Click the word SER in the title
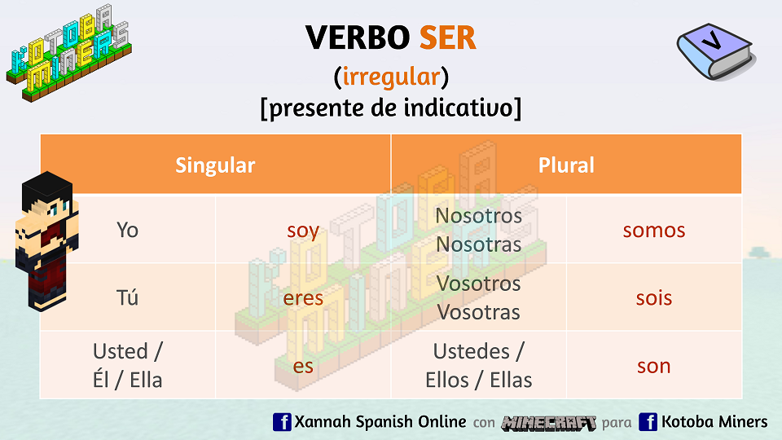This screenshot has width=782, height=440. click(447, 38)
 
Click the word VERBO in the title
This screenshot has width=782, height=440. click(358, 38)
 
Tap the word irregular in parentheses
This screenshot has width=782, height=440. click(391, 77)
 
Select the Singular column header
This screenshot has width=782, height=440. click(215, 165)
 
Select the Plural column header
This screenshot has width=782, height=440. click(566, 165)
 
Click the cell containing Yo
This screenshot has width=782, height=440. click(128, 230)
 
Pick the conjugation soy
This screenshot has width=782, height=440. click(303, 231)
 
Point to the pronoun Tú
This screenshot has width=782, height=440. click(128, 297)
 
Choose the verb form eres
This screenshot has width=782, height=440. click(303, 298)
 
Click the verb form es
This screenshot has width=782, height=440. click(303, 366)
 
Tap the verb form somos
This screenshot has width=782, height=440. click(654, 230)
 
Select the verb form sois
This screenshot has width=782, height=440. click(654, 297)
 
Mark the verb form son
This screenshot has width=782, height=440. click(654, 366)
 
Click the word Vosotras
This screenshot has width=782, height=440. click(479, 312)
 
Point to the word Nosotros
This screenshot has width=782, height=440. click(479, 216)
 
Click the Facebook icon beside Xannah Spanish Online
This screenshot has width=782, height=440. click(282, 422)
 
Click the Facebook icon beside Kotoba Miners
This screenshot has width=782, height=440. click(648, 422)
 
